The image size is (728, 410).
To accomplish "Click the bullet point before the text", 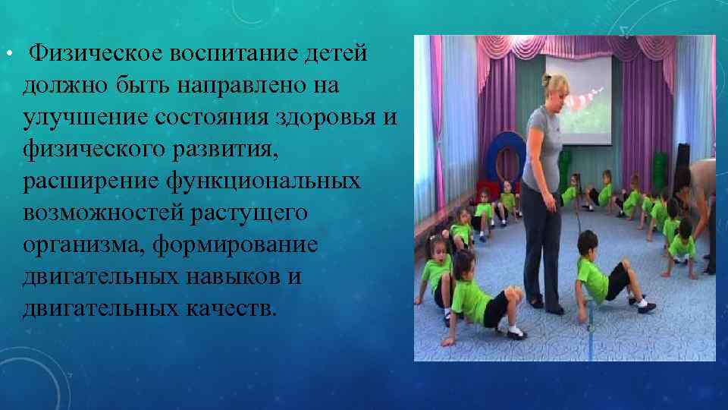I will coord(7,55).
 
